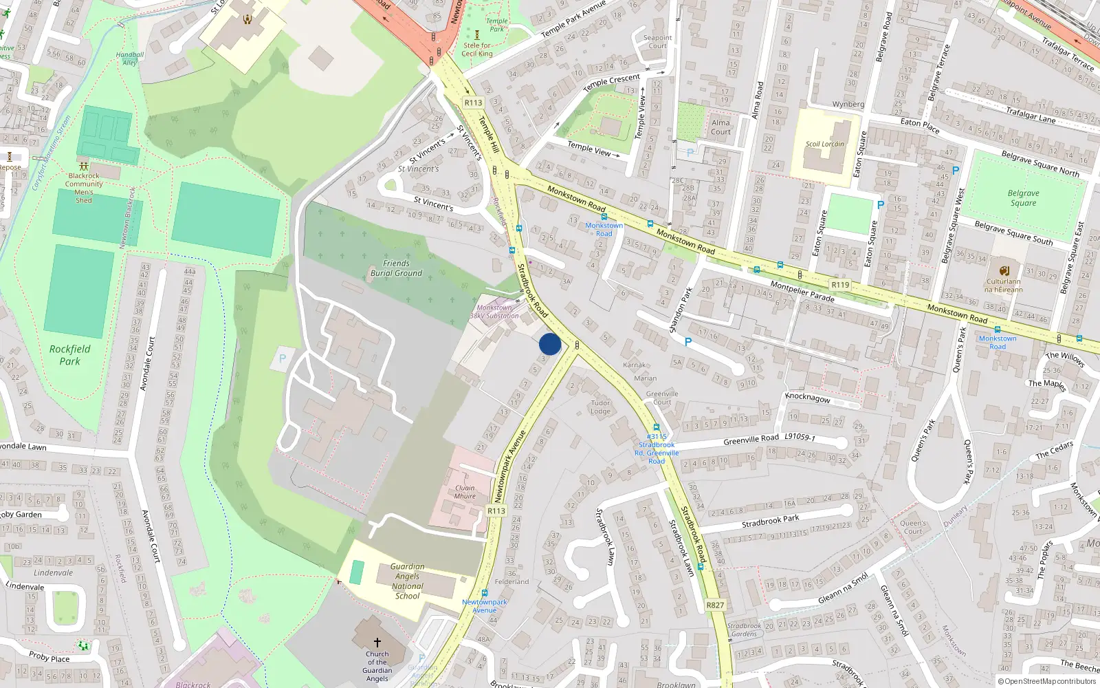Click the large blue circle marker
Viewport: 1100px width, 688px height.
tap(550, 344)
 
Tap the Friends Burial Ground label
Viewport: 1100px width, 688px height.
tap(396, 268)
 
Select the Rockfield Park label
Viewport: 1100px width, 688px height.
tap(69, 355)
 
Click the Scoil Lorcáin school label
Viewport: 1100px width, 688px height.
tap(825, 144)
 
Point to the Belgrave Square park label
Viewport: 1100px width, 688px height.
tap(1023, 198)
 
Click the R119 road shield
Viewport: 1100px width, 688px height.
tap(840, 285)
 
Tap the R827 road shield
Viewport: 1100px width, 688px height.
tap(715, 605)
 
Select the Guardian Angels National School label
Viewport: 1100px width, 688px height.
tap(407, 581)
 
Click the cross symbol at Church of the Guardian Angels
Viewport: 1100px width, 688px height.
tap(377, 643)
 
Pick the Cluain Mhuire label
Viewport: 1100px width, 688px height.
tap(465, 492)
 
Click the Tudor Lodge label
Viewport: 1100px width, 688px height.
tap(600, 407)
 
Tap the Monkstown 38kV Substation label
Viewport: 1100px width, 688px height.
tap(494, 312)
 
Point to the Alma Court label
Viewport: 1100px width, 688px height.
tap(720, 127)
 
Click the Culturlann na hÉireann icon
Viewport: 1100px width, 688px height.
tap(1004, 270)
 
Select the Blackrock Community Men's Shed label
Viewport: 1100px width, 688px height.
tap(84, 188)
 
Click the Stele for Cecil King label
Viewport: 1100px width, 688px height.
tap(477, 50)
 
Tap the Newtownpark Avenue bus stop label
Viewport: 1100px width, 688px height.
tap(485, 606)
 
